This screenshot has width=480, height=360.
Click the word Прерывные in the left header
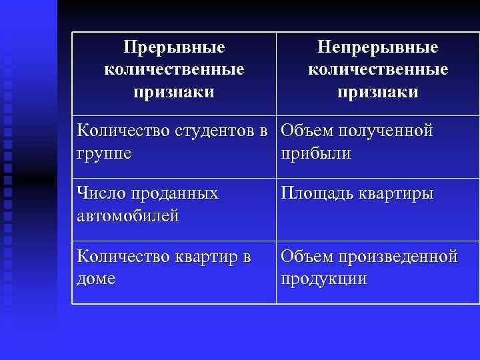pos(174,48)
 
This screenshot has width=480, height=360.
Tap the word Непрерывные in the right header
pos(377,48)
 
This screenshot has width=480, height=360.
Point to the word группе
pos(104,153)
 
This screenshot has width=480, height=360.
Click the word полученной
pos(386,131)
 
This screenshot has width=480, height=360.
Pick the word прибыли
pos(316,153)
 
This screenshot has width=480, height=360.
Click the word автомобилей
pos(128,217)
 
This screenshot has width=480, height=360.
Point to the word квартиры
pos(397,194)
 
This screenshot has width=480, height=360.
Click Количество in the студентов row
pos(123,131)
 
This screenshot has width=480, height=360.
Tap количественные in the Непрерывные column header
pos(377,69)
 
